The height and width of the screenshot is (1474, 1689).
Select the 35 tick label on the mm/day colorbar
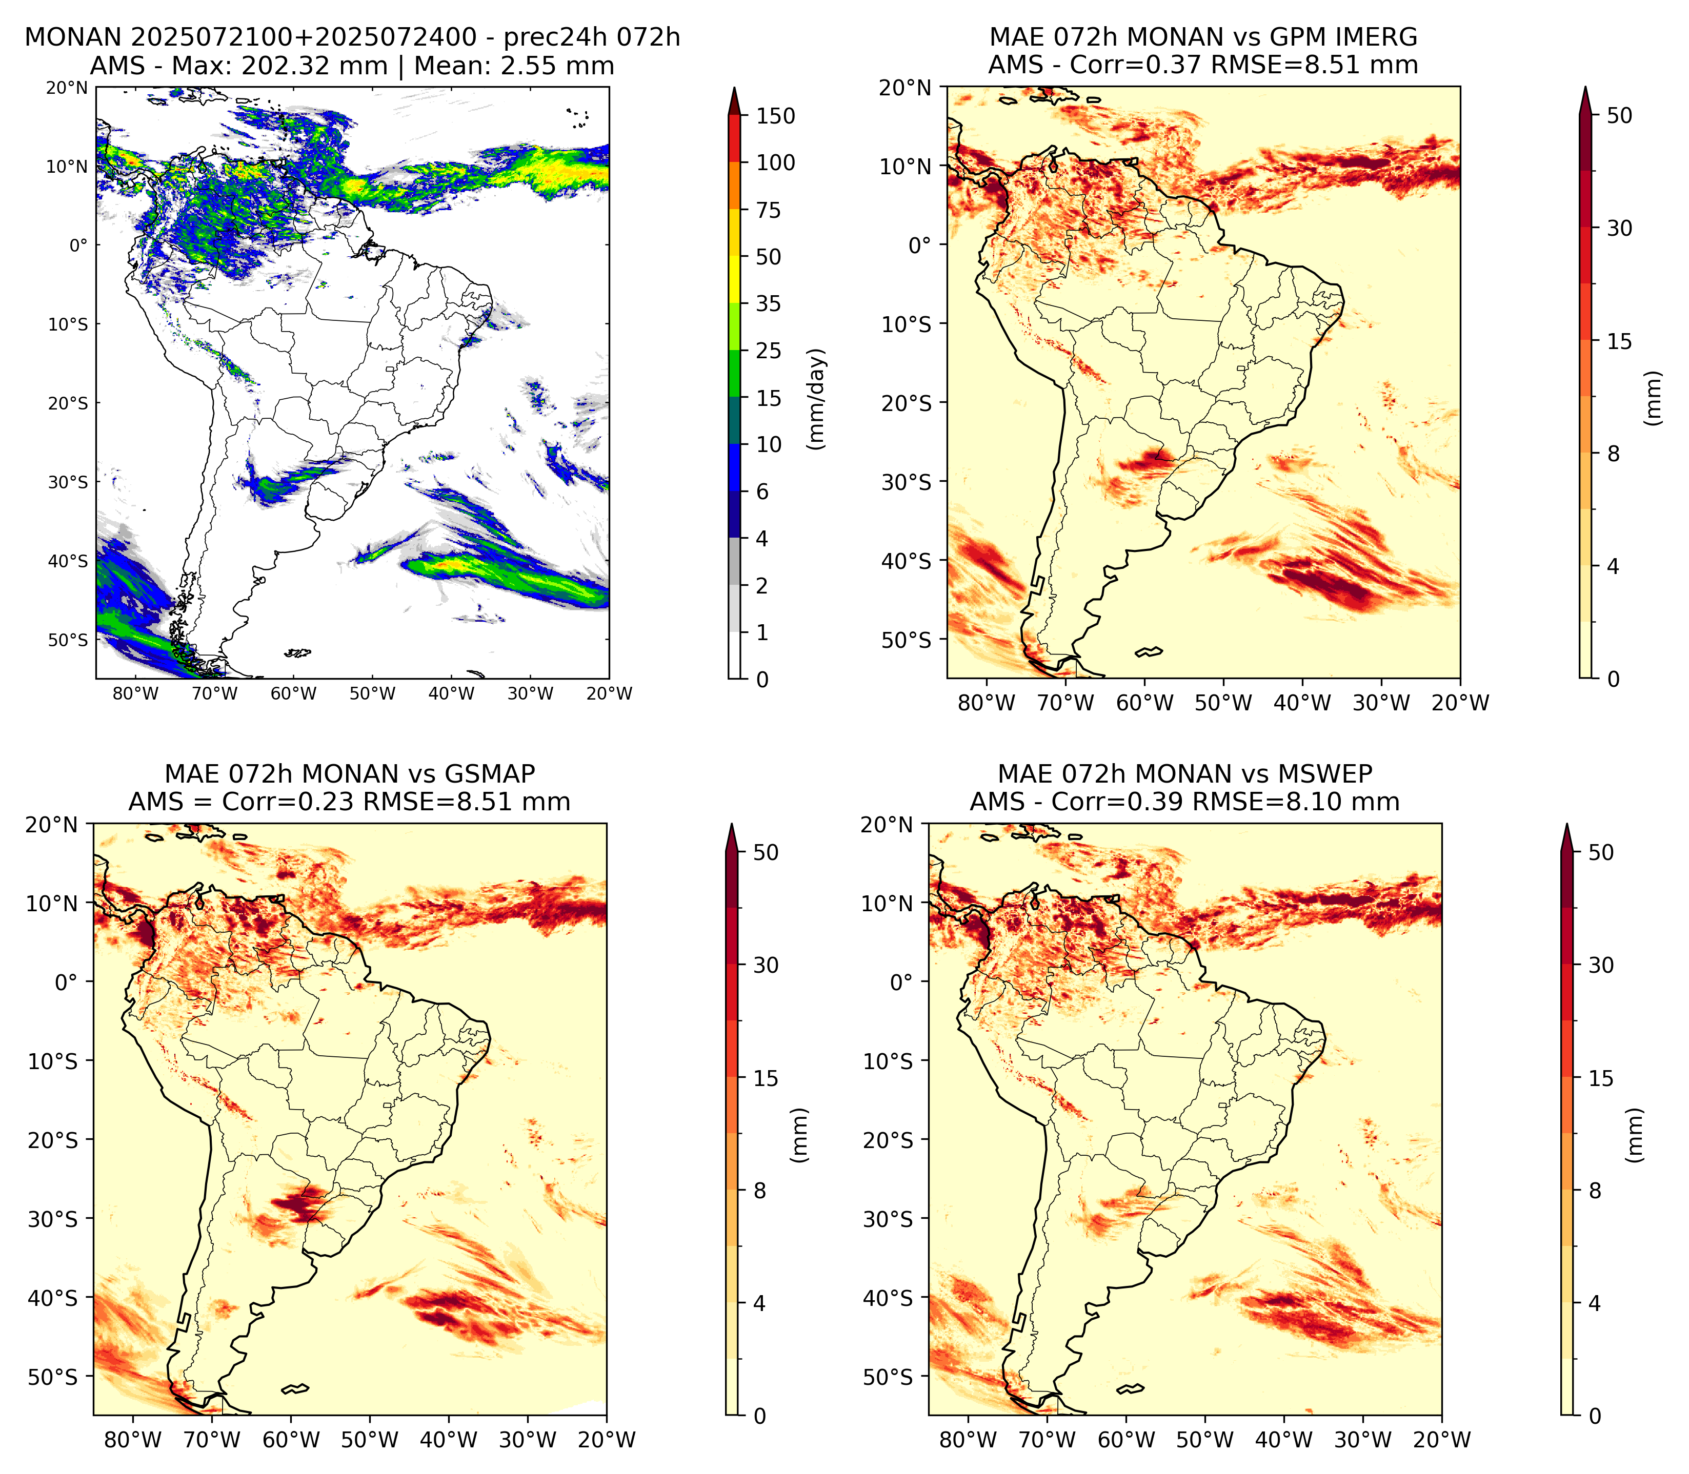(769, 303)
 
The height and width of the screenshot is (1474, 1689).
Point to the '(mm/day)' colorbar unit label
(816, 399)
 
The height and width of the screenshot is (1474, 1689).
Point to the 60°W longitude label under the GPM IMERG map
(1145, 703)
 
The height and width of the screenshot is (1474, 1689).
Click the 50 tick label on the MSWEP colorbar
(1601, 853)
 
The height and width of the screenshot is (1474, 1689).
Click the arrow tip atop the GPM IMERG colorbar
(1585, 86)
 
